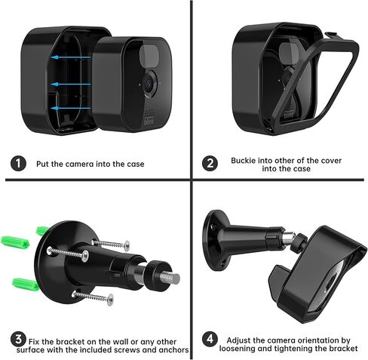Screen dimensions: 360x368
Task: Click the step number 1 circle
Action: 17,163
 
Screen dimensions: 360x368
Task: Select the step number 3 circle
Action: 17,340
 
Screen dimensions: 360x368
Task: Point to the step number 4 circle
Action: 210,341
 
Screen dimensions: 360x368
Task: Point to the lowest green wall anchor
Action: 26,284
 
